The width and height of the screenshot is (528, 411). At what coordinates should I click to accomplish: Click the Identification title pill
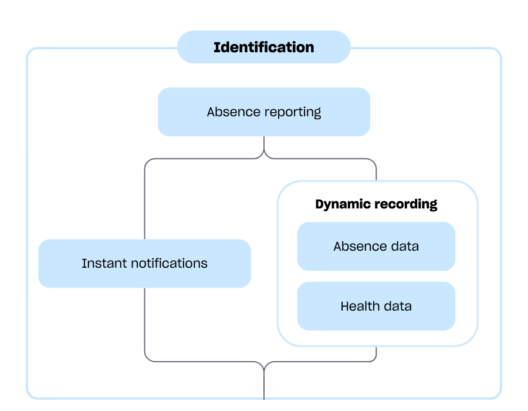tap(263, 48)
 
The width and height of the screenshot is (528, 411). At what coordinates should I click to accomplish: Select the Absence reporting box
tap(263, 112)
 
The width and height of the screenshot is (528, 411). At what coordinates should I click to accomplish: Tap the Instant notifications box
tap(144, 264)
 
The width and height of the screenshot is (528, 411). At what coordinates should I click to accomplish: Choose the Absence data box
tap(376, 247)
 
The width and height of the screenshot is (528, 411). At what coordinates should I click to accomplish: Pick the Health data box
tap(376, 306)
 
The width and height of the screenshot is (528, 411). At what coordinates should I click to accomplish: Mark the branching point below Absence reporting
tap(264, 155)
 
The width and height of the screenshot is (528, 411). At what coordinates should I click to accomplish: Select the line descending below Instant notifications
tap(145, 323)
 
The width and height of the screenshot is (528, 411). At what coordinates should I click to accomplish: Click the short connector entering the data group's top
tap(376, 172)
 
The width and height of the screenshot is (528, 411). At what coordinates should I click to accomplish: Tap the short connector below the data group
tap(376, 352)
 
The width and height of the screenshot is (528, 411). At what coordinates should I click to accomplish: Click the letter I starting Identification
tap(216, 48)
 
